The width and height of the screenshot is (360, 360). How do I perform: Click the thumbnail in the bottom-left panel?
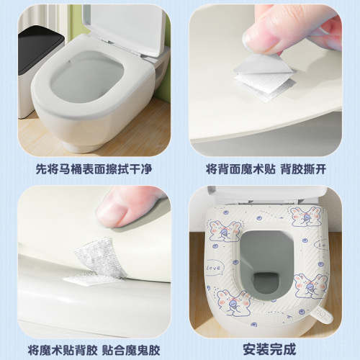[112, 212]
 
